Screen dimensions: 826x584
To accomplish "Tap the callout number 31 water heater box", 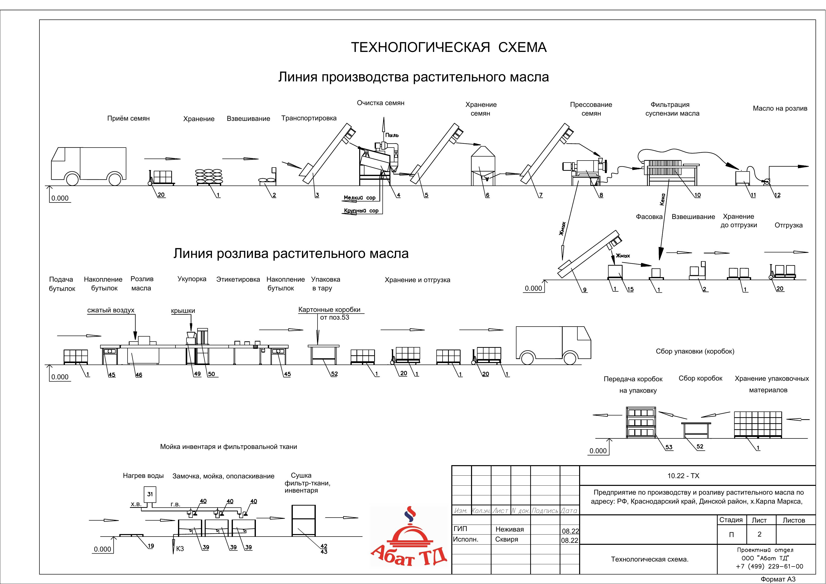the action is (150, 494).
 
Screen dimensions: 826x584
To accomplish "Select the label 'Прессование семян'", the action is (591, 109).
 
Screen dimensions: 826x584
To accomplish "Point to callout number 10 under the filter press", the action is (697, 195).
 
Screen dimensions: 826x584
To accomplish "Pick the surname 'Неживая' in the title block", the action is (510, 529).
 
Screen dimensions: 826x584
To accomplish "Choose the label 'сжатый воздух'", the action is (111, 310).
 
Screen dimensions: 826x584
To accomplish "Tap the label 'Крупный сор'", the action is (361, 211).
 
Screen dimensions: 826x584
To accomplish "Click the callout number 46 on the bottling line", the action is (139, 375).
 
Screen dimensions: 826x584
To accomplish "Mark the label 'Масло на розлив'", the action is (780, 108).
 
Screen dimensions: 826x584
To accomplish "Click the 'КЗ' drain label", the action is (180, 549).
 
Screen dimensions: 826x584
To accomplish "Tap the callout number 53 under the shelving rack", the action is (669, 447).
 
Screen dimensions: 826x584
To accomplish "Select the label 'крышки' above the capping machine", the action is (183, 311).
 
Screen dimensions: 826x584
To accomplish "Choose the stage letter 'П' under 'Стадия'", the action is (731, 535).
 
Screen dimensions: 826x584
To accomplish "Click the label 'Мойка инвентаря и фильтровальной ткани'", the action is (228, 447).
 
